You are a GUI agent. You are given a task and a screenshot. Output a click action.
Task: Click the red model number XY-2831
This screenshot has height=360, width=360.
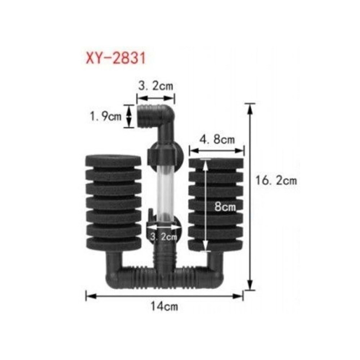click(x=116, y=58)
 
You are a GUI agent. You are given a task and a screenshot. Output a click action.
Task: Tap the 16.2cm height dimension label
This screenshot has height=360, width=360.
click(x=276, y=181)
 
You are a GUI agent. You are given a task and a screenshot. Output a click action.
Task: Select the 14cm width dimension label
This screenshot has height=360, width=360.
click(x=164, y=306)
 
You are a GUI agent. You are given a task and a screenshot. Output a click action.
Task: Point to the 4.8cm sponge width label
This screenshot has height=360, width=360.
click(x=217, y=140)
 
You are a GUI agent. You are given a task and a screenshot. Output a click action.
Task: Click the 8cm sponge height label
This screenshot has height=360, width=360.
click(x=225, y=207)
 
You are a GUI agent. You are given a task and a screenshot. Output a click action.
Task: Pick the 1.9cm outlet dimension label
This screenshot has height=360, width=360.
click(x=105, y=116)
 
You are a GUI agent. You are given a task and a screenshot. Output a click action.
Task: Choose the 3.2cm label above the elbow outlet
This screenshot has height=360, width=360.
click(x=156, y=86)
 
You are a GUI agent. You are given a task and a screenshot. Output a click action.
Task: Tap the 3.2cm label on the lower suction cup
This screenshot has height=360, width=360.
click(x=163, y=237)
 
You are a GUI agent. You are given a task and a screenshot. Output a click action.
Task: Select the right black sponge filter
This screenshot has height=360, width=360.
click(x=216, y=204)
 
